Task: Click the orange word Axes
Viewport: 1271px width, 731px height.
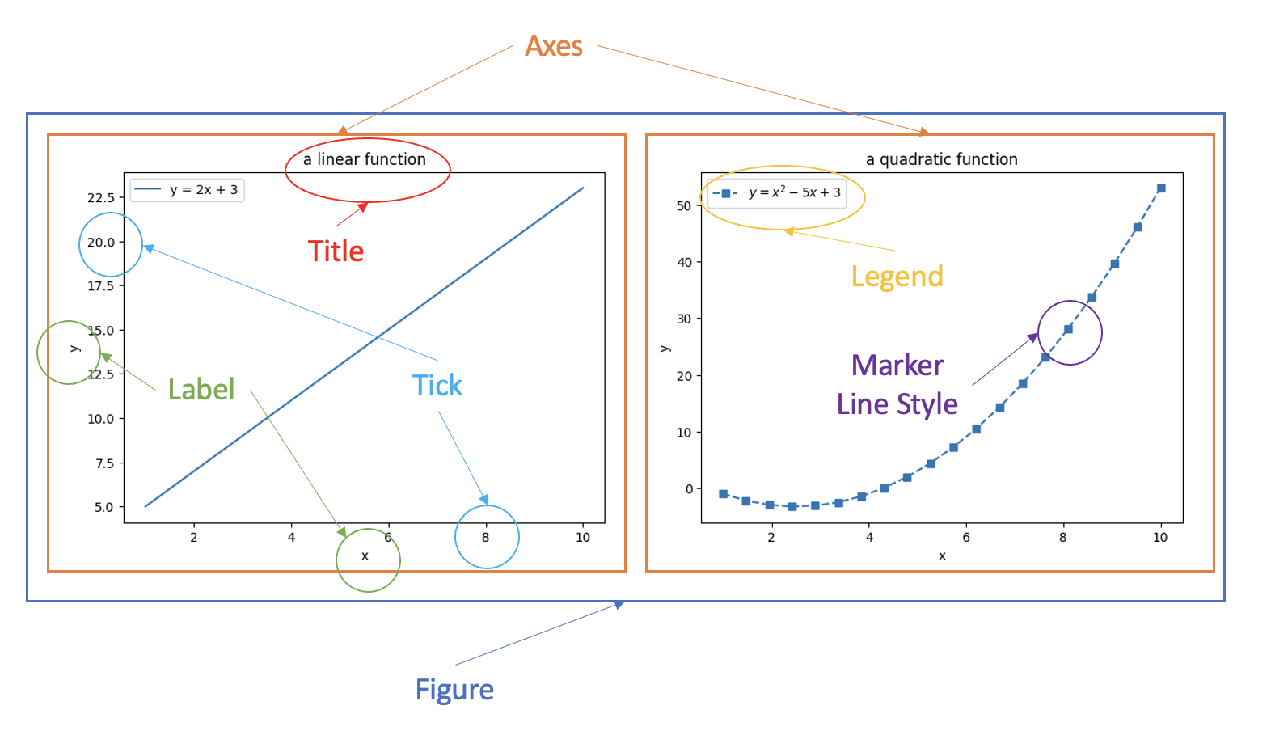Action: pos(554,46)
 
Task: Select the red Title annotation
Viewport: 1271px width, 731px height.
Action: pos(336,251)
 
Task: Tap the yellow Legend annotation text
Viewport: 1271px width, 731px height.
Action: pos(897,277)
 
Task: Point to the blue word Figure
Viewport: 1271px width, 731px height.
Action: pos(454,690)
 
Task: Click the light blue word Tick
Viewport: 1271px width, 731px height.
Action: pos(437,386)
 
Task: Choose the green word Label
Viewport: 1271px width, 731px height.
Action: pos(201,390)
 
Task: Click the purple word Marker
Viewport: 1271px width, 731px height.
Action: pos(897,365)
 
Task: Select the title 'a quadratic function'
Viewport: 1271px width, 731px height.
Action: pos(941,159)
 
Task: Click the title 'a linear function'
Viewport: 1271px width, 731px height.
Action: pos(364,159)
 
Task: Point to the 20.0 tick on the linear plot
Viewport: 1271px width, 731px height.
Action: pos(101,242)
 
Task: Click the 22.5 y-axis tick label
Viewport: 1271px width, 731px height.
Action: pos(101,197)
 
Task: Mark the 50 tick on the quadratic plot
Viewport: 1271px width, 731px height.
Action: pos(684,205)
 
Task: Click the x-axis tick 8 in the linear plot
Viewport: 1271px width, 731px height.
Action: pos(485,537)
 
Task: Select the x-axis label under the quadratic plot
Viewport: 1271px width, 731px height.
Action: pos(942,556)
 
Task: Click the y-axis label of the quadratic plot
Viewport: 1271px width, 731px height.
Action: pos(665,349)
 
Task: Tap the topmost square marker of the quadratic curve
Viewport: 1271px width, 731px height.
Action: pos(1161,188)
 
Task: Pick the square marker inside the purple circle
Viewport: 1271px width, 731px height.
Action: pos(1068,329)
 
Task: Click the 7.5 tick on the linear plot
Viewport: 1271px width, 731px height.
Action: pos(104,463)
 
